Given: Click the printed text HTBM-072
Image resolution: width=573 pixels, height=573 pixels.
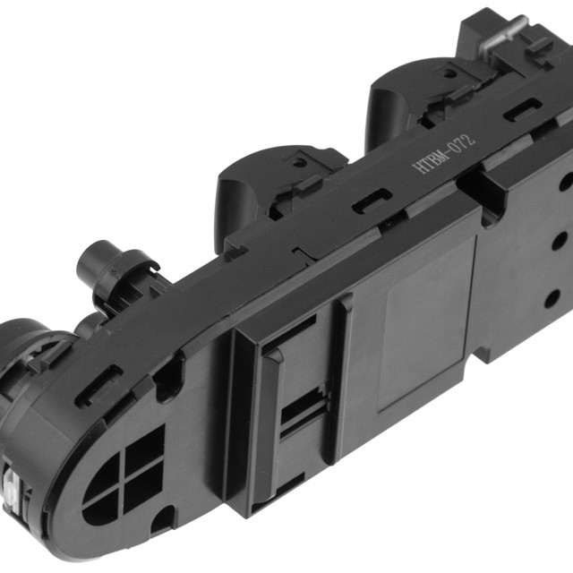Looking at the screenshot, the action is click(444, 154).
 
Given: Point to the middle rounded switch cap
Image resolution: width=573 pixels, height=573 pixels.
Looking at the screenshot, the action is click(252, 190).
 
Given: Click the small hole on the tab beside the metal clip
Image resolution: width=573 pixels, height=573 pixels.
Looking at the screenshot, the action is click(449, 73).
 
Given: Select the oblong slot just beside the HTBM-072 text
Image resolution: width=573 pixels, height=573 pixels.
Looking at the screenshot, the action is click(522, 109).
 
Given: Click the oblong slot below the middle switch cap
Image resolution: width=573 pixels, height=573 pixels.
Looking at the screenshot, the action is click(372, 201).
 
